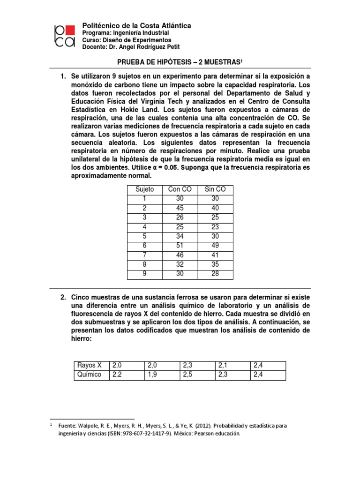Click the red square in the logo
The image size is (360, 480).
click(x=69, y=31)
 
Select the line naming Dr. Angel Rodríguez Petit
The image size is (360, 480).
click(x=130, y=47)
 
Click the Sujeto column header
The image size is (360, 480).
click(x=144, y=189)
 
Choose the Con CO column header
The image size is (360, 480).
click(x=180, y=189)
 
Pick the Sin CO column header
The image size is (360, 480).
click(x=215, y=189)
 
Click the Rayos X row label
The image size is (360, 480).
click(x=89, y=366)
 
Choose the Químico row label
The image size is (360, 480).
click(x=89, y=374)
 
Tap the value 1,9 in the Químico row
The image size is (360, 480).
click(x=153, y=374)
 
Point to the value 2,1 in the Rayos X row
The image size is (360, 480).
click(x=223, y=366)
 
